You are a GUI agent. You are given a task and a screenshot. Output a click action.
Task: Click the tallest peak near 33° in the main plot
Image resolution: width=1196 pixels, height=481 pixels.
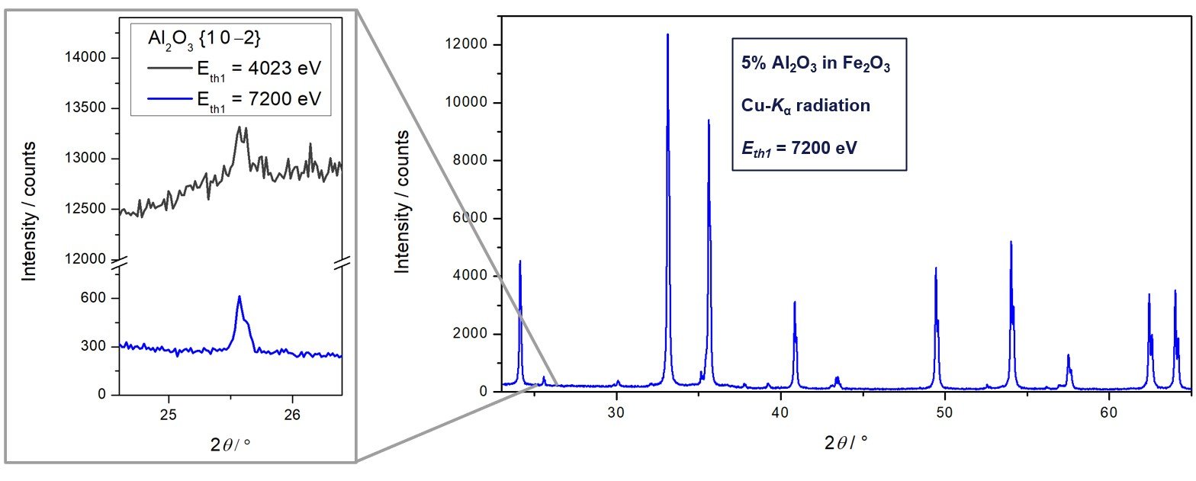pos(667,35)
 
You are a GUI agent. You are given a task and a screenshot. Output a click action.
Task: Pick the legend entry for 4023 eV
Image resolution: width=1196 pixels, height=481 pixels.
pos(229,69)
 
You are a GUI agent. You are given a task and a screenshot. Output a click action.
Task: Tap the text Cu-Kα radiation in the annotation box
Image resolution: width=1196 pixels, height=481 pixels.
pos(805,105)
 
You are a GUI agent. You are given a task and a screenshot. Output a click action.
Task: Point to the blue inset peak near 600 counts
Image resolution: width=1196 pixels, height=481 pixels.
pos(239,297)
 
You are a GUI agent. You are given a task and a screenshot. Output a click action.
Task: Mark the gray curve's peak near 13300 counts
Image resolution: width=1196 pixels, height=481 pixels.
pos(239,128)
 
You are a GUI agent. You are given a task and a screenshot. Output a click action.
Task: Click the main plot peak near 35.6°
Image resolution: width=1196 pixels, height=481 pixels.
pos(709,120)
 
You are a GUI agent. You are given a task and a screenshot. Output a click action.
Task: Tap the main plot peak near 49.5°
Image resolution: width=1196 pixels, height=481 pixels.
pos(935,268)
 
